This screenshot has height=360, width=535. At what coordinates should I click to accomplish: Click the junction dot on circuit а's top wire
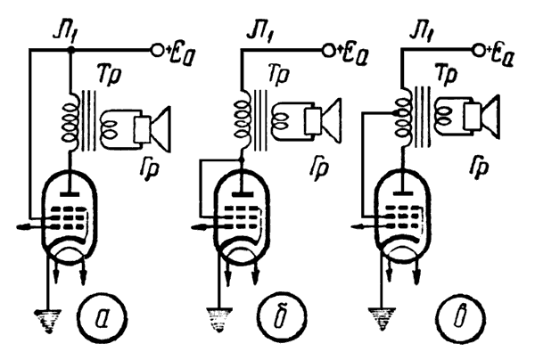click(70, 52)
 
